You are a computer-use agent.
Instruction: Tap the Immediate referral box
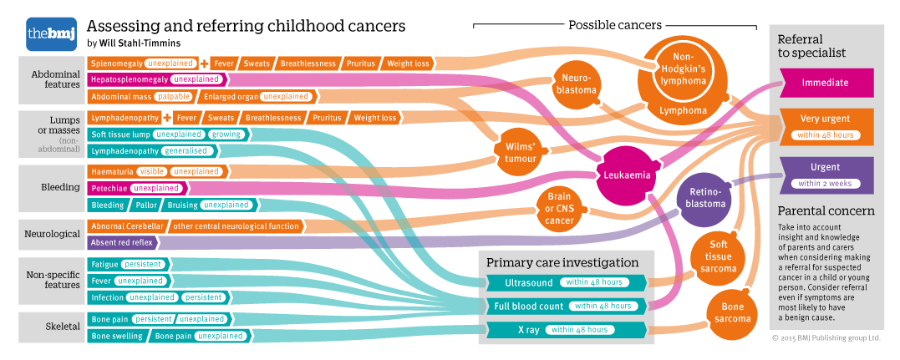click(x=824, y=83)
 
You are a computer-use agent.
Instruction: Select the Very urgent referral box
click(x=824, y=126)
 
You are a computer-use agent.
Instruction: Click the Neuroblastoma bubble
click(x=577, y=84)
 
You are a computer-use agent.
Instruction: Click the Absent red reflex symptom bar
click(x=122, y=242)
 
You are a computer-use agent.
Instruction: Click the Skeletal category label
click(x=53, y=327)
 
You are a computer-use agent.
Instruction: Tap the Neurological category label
click(x=52, y=235)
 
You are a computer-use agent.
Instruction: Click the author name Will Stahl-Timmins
click(x=139, y=43)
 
